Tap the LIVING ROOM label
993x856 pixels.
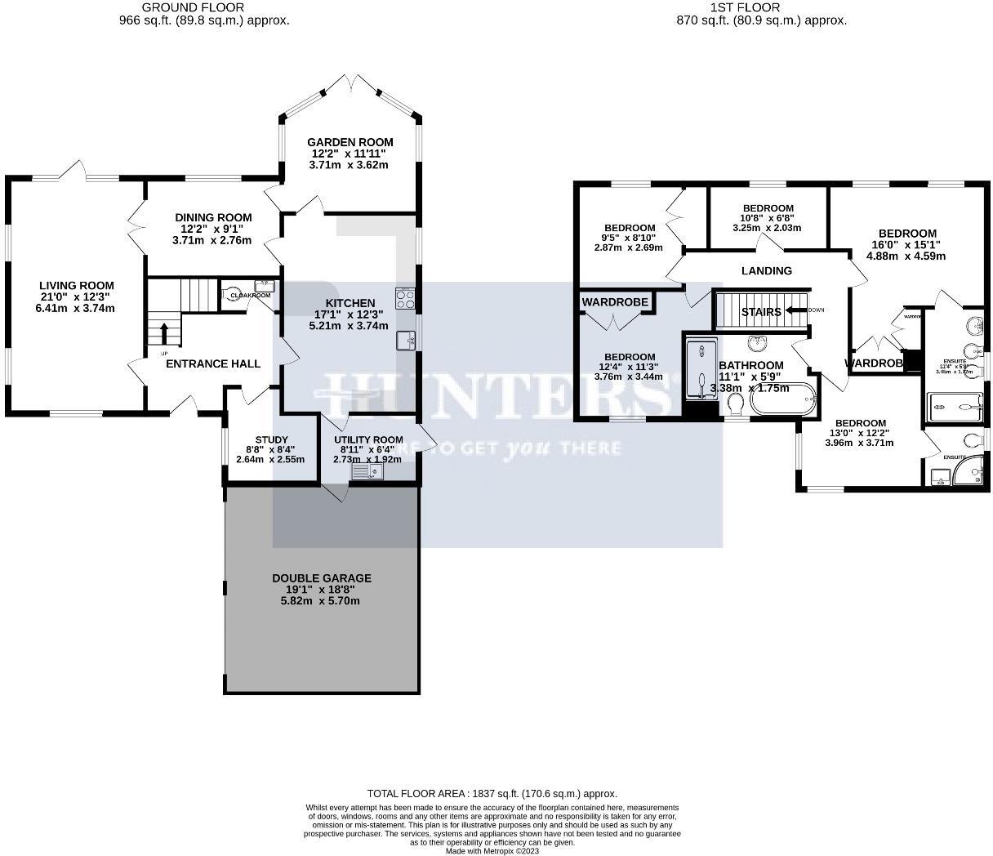[x=74, y=285]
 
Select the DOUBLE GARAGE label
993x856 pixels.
[x=322, y=578]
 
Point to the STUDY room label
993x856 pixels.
[x=271, y=439]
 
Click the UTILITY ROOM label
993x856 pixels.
[x=369, y=439]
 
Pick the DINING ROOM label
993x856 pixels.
[x=213, y=217]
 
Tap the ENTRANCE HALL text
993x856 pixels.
[x=213, y=363]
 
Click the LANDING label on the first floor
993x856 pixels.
[x=766, y=271]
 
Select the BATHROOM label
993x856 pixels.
[x=750, y=365]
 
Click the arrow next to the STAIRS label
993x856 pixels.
[x=793, y=311]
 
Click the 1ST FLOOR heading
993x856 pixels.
[x=744, y=7]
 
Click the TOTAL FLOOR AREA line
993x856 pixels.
[x=492, y=793]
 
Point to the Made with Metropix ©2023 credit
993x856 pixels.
[x=492, y=850]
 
